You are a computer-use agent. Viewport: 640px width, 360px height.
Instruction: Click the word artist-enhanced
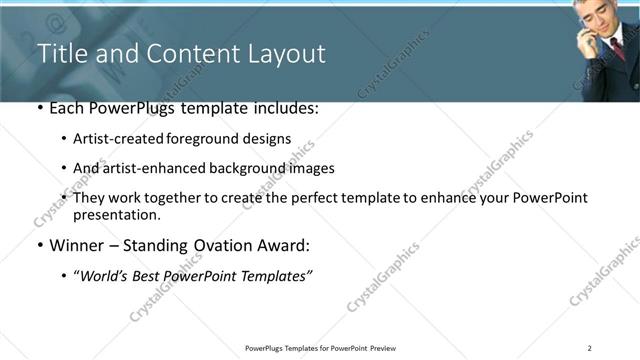(x=150, y=168)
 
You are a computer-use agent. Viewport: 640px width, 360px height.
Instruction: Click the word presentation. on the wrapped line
(x=116, y=214)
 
